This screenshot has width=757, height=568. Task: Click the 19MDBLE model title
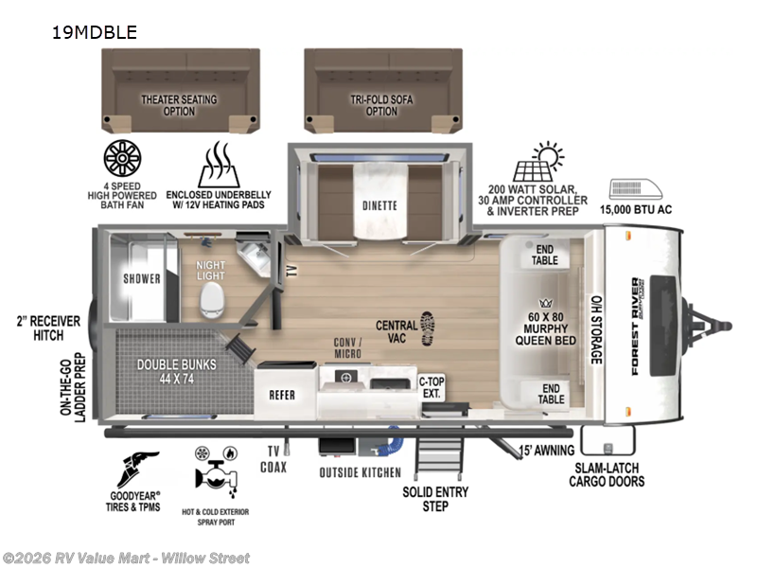tap(96, 32)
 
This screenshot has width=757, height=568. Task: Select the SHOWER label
tap(142, 278)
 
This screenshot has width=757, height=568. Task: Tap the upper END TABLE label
tap(544, 254)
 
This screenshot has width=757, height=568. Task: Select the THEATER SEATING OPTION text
tap(179, 105)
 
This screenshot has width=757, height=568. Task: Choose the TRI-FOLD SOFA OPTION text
tap(381, 105)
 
